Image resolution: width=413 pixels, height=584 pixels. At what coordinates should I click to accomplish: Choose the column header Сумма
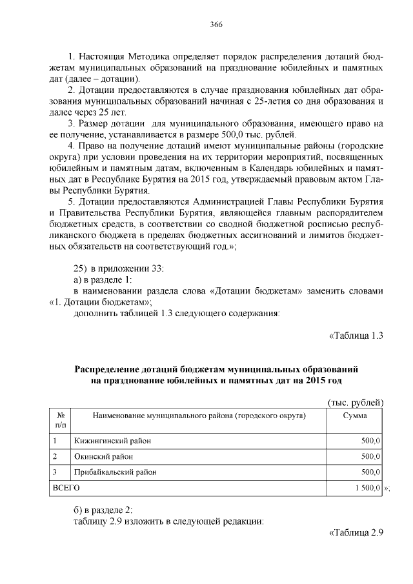[356, 416]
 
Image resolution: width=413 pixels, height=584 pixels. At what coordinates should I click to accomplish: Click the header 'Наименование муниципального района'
[199, 416]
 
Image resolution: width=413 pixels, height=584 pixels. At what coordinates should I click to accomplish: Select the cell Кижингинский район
[107, 441]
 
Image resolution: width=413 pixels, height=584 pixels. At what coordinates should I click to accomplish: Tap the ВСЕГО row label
[66, 488]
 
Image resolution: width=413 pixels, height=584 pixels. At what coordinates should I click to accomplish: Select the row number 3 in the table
[56, 472]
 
